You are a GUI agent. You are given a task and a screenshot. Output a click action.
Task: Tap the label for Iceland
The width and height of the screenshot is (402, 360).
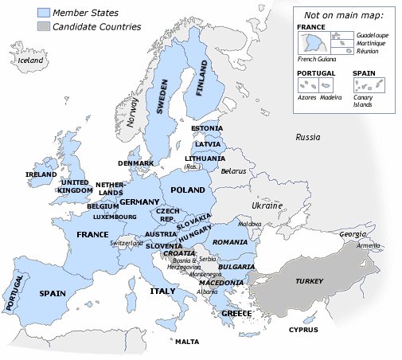(31, 61)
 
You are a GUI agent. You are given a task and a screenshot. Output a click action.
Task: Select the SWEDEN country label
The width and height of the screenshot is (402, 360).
(163, 98)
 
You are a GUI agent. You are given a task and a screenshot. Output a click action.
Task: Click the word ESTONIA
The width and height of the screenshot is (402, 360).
(207, 128)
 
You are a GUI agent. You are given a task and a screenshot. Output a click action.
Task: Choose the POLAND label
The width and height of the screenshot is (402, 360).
(188, 191)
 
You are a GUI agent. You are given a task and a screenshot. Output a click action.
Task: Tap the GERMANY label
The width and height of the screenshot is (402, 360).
(140, 202)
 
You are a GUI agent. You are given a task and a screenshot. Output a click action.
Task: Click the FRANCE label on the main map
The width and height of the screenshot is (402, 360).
(92, 235)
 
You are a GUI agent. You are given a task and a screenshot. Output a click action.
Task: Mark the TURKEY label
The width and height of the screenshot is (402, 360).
(309, 282)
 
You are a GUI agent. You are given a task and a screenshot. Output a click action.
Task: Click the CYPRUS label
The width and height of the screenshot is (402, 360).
(303, 330)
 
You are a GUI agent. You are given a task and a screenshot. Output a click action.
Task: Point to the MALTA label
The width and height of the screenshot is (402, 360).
(187, 342)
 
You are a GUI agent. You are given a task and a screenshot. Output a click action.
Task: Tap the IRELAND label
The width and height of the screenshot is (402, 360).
(41, 174)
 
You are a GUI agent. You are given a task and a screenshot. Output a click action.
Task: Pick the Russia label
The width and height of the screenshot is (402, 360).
(307, 137)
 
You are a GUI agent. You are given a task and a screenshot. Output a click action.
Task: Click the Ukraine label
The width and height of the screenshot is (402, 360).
(267, 205)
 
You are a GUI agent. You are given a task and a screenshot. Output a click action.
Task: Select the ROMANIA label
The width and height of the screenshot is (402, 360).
(231, 241)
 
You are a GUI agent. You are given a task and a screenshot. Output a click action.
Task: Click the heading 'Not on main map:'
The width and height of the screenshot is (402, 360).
(343, 14)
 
